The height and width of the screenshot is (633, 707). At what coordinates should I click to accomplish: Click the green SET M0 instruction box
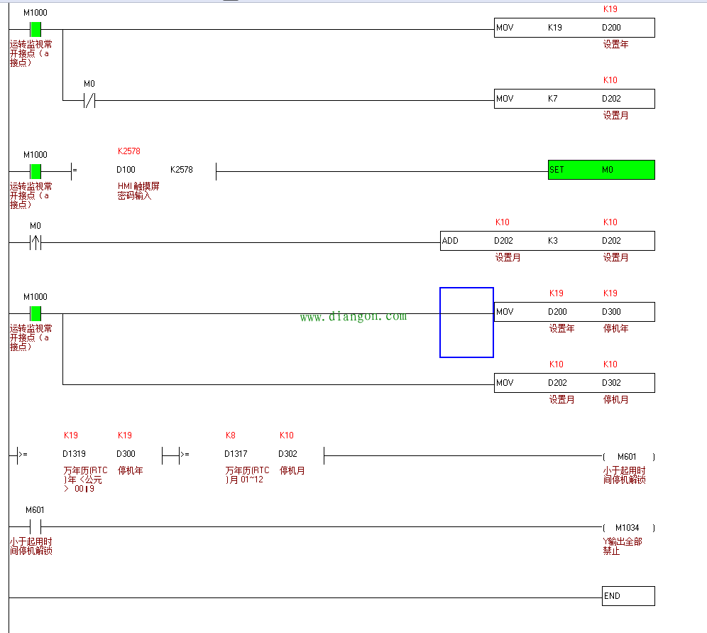(601, 170)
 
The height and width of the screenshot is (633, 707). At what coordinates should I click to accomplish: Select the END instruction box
(627, 596)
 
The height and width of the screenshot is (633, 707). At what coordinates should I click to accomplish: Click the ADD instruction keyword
(450, 241)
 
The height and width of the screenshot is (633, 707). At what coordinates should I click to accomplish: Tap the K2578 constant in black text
(182, 170)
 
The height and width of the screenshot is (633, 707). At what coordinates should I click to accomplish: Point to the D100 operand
(126, 170)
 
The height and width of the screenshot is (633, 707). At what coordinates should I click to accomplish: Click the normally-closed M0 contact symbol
(89, 100)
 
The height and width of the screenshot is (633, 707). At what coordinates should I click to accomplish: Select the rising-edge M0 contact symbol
(35, 242)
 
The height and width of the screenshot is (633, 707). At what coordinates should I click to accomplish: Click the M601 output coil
(627, 457)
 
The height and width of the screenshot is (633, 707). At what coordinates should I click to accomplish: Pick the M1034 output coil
(627, 528)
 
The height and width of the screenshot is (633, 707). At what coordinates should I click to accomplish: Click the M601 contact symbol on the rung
(35, 526)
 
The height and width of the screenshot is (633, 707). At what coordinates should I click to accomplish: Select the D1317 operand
(236, 454)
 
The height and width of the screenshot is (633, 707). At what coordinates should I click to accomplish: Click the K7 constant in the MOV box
(553, 99)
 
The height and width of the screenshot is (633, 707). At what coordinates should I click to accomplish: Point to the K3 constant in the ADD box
(553, 241)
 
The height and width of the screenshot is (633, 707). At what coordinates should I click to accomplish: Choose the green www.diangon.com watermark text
(353, 317)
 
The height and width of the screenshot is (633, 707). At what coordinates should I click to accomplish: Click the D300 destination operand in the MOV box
(611, 312)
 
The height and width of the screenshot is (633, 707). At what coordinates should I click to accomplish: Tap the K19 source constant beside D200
(555, 28)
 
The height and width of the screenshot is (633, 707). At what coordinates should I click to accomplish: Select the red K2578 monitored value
(129, 151)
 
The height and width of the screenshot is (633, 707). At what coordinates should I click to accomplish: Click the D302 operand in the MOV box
(611, 383)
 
